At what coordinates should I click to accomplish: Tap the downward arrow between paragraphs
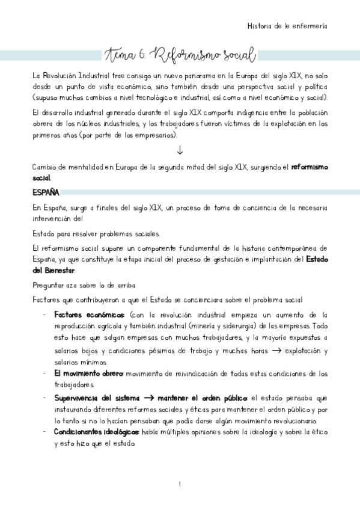tap(180, 150)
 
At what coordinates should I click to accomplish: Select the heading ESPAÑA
tap(46, 192)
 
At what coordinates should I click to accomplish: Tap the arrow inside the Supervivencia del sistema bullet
tap(149, 398)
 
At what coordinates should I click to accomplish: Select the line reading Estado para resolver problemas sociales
tap(96, 233)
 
